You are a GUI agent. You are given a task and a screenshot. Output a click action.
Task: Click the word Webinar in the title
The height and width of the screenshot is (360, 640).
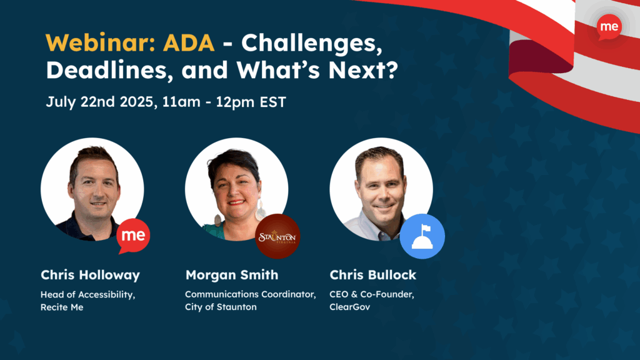point(100,42)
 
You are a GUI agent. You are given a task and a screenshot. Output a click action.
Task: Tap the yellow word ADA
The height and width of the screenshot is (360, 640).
point(189,42)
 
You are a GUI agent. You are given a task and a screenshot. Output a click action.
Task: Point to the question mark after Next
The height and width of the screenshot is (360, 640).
point(391,70)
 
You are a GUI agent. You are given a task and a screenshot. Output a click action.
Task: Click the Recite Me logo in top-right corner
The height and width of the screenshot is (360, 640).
point(609,27)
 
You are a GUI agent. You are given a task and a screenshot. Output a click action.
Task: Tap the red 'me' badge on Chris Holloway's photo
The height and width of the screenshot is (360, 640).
point(133,236)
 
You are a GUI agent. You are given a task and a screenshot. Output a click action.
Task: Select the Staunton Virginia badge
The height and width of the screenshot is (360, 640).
point(277,236)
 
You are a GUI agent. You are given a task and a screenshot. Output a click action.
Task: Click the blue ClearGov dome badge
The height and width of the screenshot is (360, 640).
point(422,236)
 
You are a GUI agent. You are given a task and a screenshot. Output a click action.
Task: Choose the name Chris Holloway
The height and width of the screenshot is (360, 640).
point(90,275)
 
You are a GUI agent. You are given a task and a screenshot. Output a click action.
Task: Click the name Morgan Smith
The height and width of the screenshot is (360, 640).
point(232,275)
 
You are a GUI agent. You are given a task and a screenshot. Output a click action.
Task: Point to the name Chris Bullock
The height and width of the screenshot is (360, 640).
point(372,275)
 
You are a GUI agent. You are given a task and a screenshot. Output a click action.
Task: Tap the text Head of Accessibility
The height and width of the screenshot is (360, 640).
point(87,295)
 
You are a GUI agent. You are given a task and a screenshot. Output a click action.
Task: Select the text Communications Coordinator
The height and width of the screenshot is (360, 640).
point(250,294)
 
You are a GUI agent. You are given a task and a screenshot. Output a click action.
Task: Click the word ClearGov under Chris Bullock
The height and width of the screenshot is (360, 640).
point(350,307)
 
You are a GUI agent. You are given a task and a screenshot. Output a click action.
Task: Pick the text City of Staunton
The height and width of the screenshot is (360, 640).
point(221,307)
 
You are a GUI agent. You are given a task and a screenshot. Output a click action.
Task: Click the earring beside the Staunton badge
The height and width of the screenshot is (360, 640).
point(261,210)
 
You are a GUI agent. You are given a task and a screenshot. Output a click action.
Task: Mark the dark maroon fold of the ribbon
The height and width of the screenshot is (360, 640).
point(541,57)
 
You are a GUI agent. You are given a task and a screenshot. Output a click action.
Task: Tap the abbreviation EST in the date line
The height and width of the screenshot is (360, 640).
point(273,102)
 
